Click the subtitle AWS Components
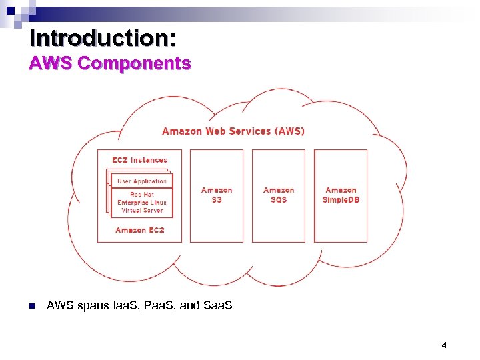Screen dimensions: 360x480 (110, 64)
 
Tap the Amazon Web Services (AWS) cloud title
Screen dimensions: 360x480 (233, 131)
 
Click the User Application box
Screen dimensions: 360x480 (142, 181)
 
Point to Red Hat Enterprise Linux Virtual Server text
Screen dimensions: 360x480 (142, 202)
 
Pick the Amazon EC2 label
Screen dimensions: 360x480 (140, 230)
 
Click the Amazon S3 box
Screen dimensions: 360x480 (217, 195)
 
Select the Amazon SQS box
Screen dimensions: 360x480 (279, 195)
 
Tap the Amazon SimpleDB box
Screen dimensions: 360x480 (341, 195)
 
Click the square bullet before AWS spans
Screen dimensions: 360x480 (31, 306)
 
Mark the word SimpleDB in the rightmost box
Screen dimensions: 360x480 (341, 200)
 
